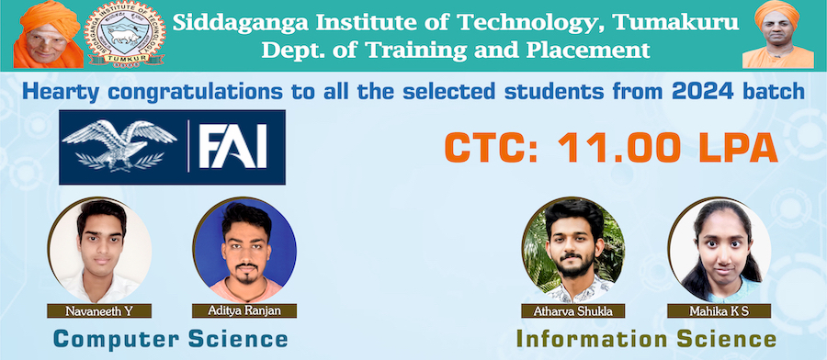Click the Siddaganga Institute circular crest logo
coord(126,35)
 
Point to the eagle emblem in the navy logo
coord(119,145)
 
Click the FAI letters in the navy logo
coord(232,146)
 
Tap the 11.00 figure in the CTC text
coord(615,148)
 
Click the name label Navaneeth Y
coord(99,311)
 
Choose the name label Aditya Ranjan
coord(244,310)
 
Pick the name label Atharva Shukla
coord(572,311)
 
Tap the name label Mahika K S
coord(719,311)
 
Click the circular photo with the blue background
coord(244,250)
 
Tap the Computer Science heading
coord(171,339)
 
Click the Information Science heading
coord(646,338)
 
